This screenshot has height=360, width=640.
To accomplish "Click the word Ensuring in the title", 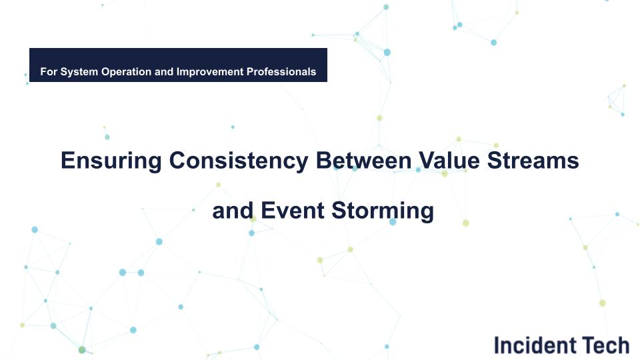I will coord(111,161).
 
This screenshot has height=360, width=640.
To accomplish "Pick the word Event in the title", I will coord(287,211).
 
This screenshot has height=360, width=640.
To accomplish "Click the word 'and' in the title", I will coord(231,211).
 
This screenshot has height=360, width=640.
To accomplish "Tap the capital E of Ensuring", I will coord(67,161).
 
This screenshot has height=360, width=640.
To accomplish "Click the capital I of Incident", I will coord(497,345).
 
